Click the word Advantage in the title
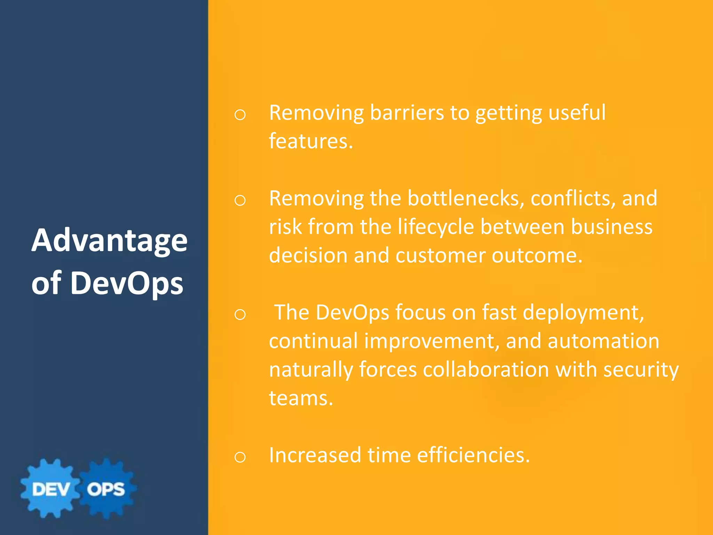tap(109, 241)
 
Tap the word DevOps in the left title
tap(127, 283)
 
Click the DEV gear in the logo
tap(50, 489)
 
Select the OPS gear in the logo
tap(106, 489)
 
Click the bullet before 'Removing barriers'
tap(240, 115)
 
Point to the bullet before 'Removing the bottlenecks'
tap(240, 201)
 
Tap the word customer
tap(440, 256)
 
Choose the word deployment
tap(583, 312)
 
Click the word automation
tap(603, 341)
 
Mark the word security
tap(641, 370)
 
